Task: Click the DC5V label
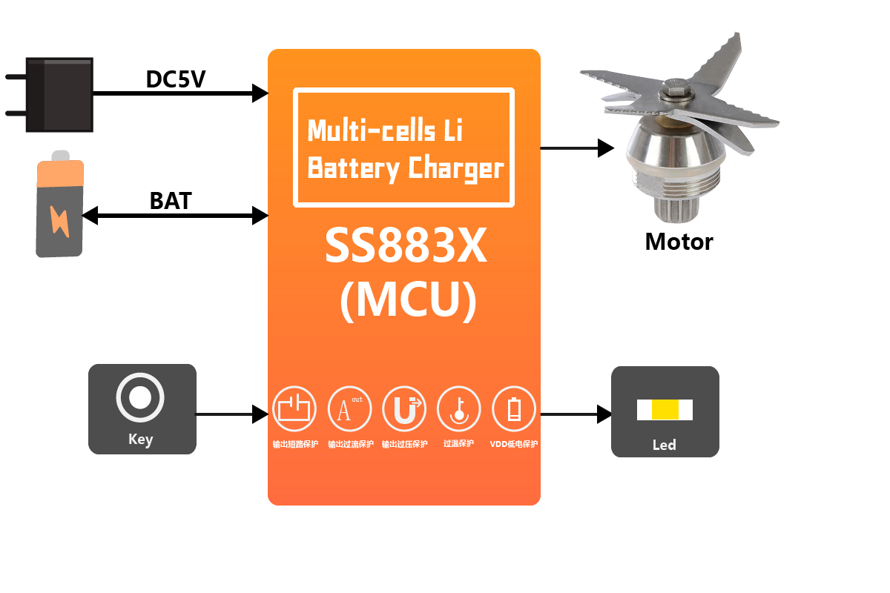(175, 79)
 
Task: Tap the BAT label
(171, 201)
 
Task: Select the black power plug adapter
(59, 94)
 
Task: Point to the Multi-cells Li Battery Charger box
(404, 147)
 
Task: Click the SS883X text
(405, 247)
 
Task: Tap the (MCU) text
(407, 300)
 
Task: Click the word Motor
(679, 241)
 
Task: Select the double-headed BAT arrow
(175, 216)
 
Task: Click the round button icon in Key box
(140, 399)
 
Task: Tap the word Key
(140, 439)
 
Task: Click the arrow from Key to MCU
(232, 414)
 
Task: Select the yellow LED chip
(665, 409)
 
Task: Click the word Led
(664, 445)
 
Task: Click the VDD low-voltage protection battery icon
(514, 409)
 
